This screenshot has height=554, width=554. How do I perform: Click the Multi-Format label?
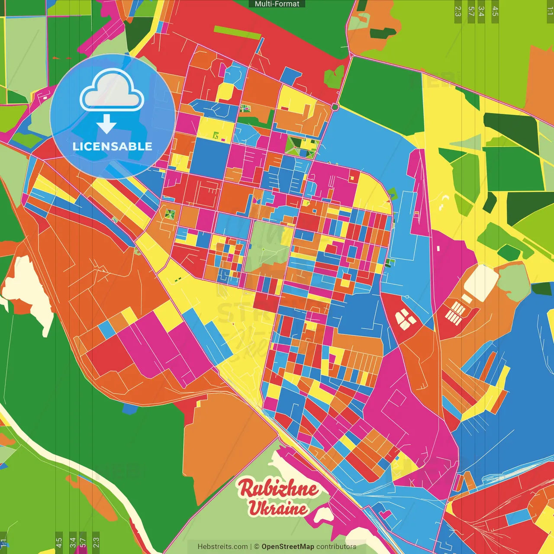coord(277,4)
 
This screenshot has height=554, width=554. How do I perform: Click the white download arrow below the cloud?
coord(106,124)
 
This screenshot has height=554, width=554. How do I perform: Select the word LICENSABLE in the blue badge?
coord(113,146)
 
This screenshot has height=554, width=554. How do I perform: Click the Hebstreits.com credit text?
coord(222,547)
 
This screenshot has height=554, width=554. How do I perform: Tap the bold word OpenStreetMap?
coord(287,547)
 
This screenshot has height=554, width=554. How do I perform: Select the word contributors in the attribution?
coord(336,547)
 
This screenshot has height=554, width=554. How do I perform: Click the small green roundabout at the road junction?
coord(335,106)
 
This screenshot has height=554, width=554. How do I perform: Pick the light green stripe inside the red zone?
coord(232,30)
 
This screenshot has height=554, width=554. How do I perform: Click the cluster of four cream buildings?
coord(405,319)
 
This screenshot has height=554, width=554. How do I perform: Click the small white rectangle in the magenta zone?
coord(438,248)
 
